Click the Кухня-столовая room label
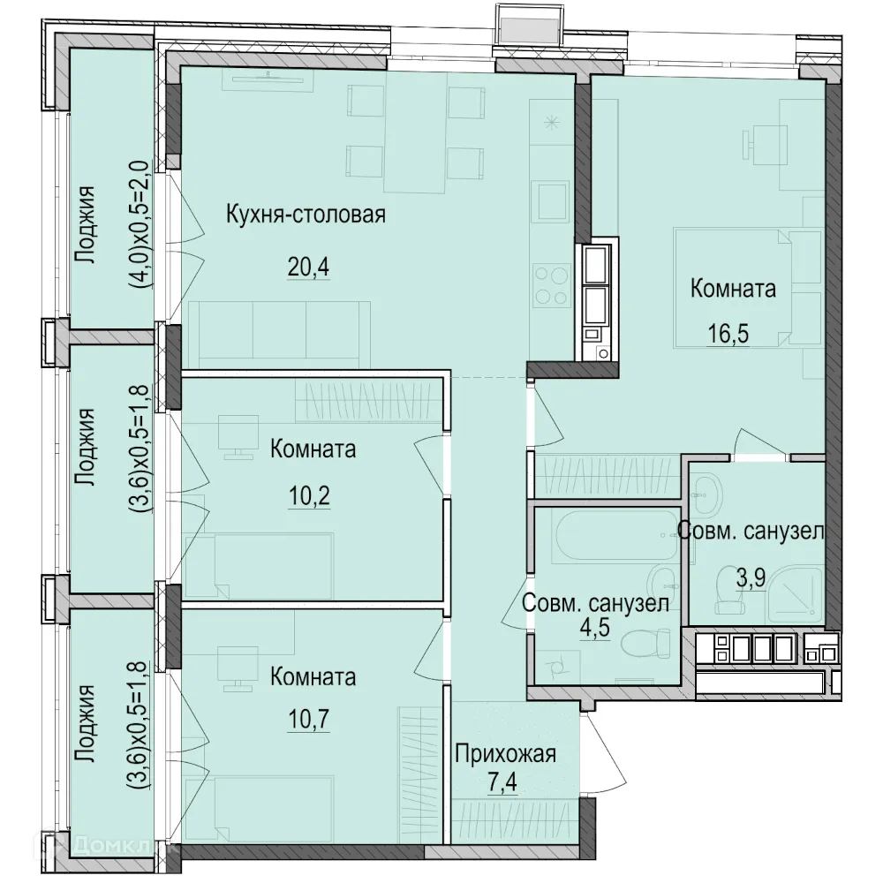tap(306, 215)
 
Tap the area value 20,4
tap(308, 267)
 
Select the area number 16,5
tap(728, 334)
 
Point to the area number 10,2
tap(309, 496)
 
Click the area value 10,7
tap(309, 719)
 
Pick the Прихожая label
tap(506, 753)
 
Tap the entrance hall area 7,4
tap(502, 782)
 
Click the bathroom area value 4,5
tap(595, 627)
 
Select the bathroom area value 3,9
tap(751, 577)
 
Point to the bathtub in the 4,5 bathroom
tap(616, 534)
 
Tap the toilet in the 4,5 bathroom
tap(646, 643)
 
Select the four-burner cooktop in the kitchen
tap(552, 286)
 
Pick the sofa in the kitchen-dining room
tap(279, 335)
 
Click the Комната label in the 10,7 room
tap(313, 677)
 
